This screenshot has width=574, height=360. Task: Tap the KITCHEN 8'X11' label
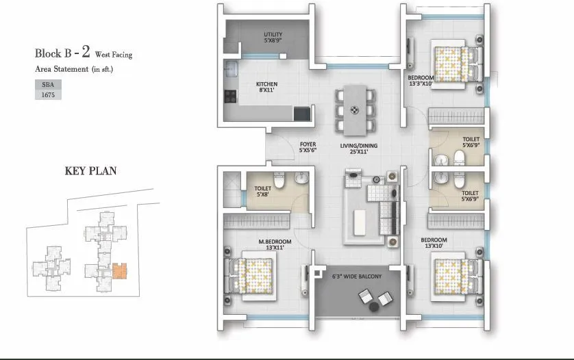click(268, 87)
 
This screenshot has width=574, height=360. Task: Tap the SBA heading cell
click(47, 85)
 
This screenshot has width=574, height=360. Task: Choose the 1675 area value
click(47, 96)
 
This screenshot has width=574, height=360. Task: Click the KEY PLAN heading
click(90, 171)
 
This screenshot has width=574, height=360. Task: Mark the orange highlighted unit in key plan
click(120, 272)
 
